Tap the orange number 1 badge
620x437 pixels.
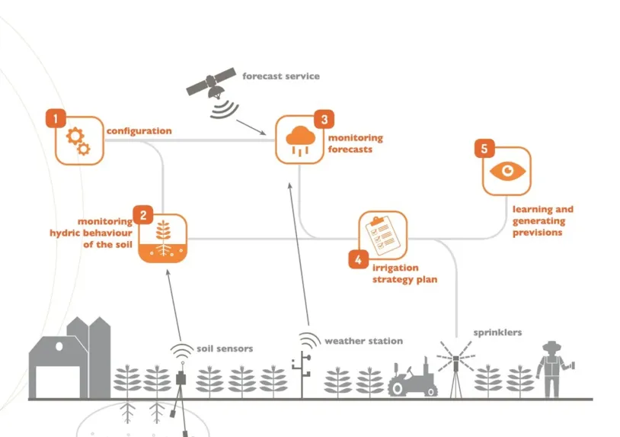tap(55, 118)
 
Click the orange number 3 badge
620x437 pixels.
tap(324, 119)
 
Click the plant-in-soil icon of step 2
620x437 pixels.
tap(164, 238)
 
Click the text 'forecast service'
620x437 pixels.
tap(281, 76)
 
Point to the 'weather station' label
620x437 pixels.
tap(363, 341)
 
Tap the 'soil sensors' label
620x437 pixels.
tap(225, 349)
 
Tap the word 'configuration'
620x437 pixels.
tap(139, 130)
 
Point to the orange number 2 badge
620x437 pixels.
tap(142, 215)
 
